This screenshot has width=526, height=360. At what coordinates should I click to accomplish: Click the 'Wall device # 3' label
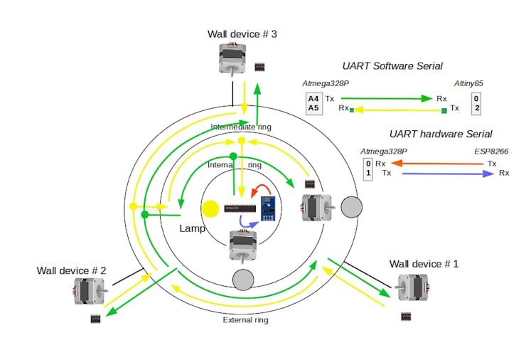(x=242, y=34)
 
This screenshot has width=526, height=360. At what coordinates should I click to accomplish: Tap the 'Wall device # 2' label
(x=72, y=270)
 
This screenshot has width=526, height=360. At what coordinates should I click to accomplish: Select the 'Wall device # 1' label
(x=424, y=264)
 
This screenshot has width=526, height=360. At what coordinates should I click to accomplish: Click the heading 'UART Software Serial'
(x=392, y=66)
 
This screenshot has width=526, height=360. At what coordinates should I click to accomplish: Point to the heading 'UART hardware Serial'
(x=441, y=134)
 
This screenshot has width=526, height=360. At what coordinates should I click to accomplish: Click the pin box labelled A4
(x=313, y=98)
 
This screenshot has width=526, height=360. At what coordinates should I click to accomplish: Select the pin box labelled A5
(x=313, y=108)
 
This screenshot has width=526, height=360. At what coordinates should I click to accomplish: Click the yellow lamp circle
(x=210, y=209)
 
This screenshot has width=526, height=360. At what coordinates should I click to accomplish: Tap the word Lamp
(x=192, y=229)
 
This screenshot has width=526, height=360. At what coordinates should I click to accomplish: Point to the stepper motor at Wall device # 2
(x=89, y=292)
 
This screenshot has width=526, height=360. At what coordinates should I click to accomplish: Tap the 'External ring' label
(x=246, y=319)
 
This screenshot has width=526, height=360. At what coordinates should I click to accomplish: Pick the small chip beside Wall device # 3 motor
(x=261, y=66)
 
